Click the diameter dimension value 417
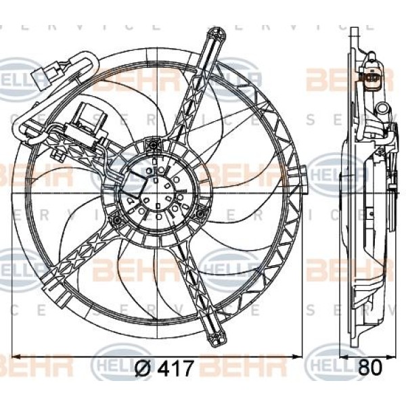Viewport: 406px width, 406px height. pyautogui.click(x=176, y=369)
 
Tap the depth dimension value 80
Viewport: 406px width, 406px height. pyautogui.click(x=369, y=369)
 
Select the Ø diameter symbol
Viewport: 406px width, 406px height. pyautogui.click(x=143, y=369)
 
